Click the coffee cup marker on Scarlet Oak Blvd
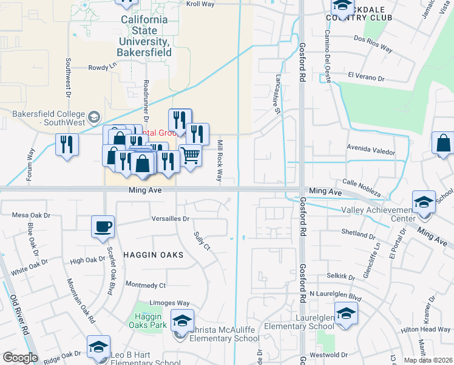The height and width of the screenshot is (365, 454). (x=102, y=226)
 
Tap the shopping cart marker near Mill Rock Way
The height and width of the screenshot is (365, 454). (x=190, y=155)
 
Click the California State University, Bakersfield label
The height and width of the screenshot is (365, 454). (x=144, y=36)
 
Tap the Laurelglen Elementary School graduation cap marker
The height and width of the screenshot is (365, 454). (x=346, y=313)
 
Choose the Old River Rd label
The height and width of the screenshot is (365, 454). (x=19, y=314)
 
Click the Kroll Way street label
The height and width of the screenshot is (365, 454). (x=201, y=4)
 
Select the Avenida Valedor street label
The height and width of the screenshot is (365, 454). (x=370, y=151)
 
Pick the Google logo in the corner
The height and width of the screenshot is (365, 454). (x=20, y=358)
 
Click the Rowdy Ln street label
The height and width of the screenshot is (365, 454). (x=102, y=68)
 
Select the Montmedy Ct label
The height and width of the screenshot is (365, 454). (x=145, y=285)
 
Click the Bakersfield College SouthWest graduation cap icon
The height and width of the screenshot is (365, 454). (x=94, y=116)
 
